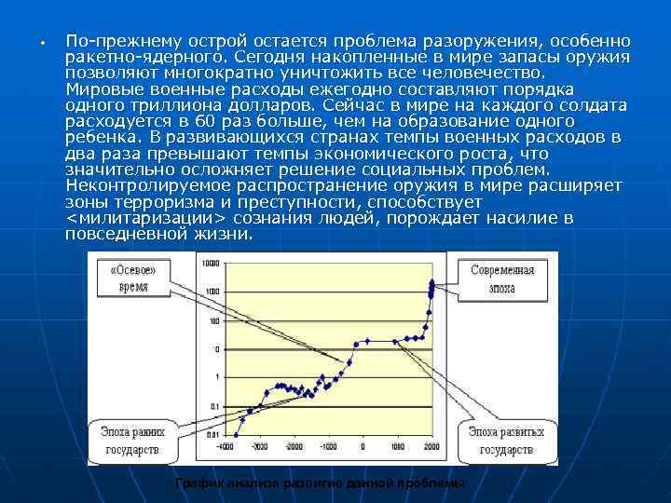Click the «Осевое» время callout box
pyautogui.click(x=132, y=279)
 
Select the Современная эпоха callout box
pyautogui.click(x=501, y=279)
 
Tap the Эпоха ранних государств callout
pyautogui.click(x=128, y=441)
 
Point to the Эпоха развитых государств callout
pyautogui.click(x=505, y=441)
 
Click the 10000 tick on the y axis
pyautogui.click(x=212, y=265)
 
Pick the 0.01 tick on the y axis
pyautogui.click(x=212, y=434)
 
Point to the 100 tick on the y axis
pyautogui.click(x=214, y=321)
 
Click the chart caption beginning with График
pyautogui.click(x=320, y=484)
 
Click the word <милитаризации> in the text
pyautogui.click(x=146, y=218)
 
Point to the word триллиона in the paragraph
pyautogui.click(x=153, y=106)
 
